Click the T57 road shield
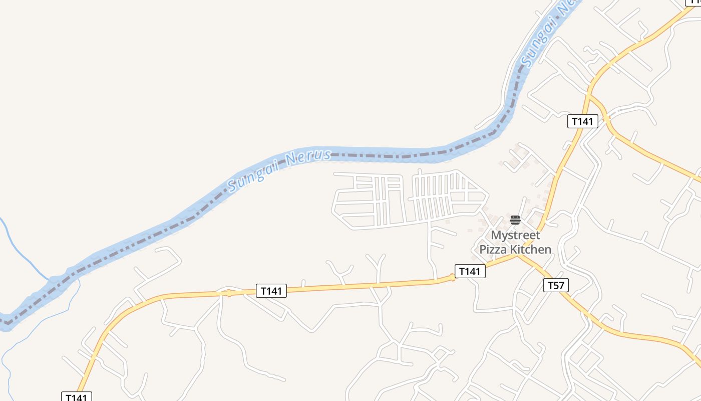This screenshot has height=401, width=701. (x=556, y=286)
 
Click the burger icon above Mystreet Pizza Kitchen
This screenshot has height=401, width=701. (x=515, y=220)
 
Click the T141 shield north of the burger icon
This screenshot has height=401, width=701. (x=582, y=121)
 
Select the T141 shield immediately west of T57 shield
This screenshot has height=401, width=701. (x=470, y=272)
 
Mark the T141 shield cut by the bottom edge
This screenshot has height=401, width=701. (x=77, y=396)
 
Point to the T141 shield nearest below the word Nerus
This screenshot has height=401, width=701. (x=271, y=291)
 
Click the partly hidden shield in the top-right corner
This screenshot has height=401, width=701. (x=694, y=3)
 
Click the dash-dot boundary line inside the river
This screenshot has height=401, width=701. (x=381, y=156)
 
